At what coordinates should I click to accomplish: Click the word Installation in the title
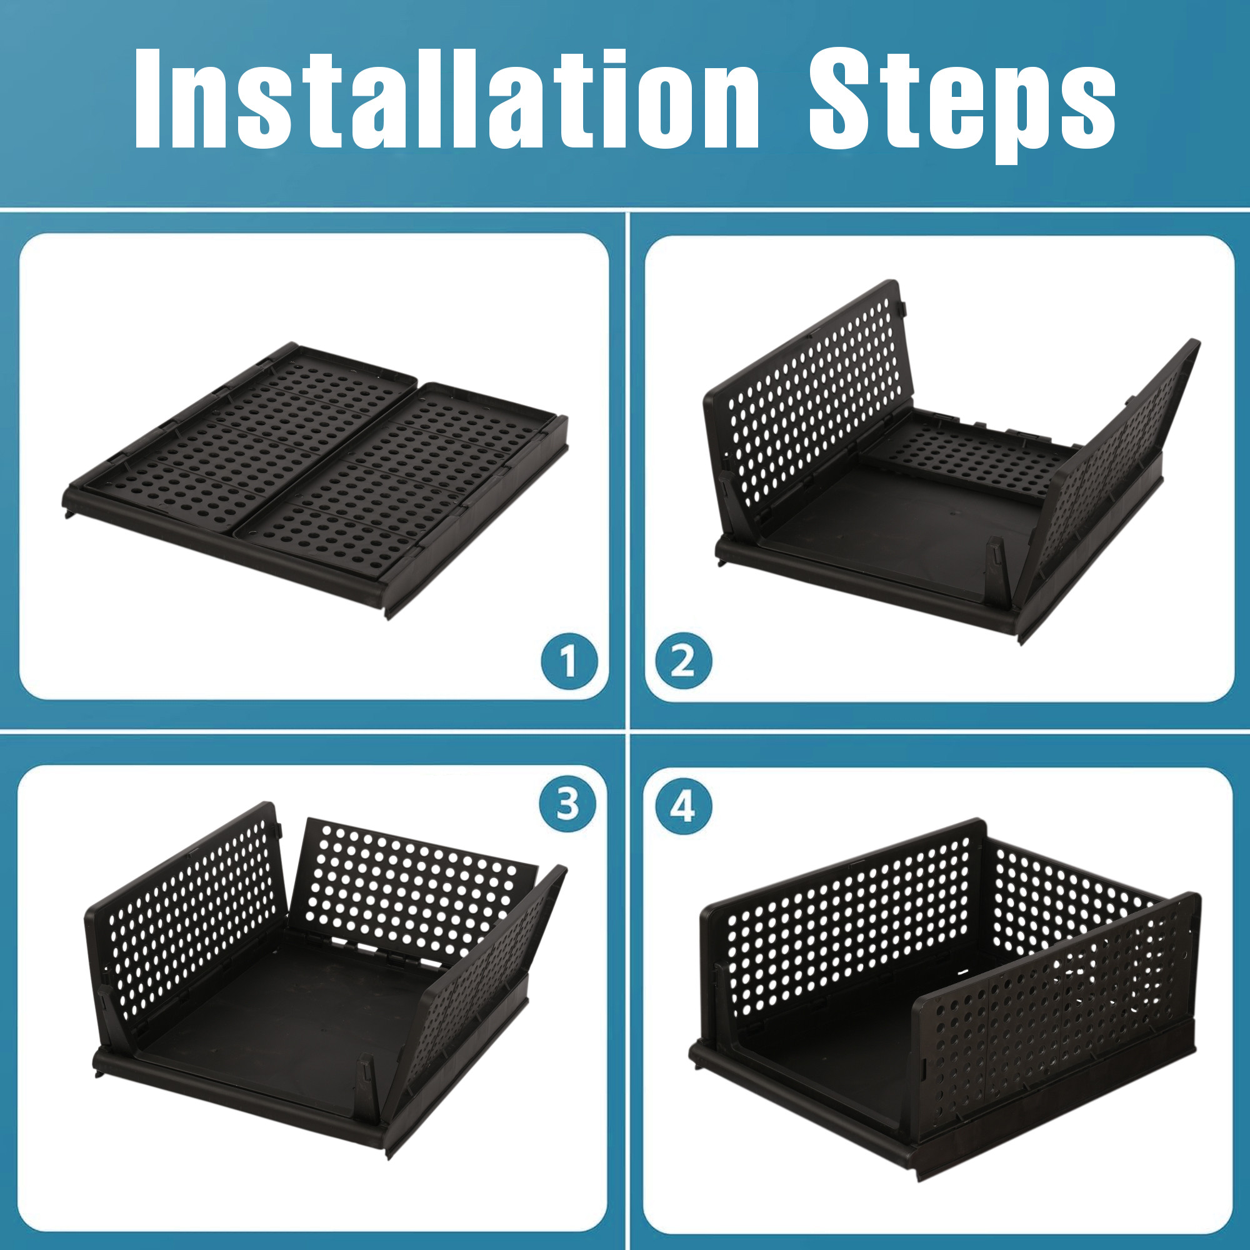(x=446, y=98)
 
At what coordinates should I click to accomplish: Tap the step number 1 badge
(x=569, y=661)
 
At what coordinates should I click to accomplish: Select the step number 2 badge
(x=683, y=661)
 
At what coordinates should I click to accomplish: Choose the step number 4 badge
(x=683, y=806)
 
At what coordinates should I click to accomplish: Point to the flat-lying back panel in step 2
(x=971, y=453)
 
